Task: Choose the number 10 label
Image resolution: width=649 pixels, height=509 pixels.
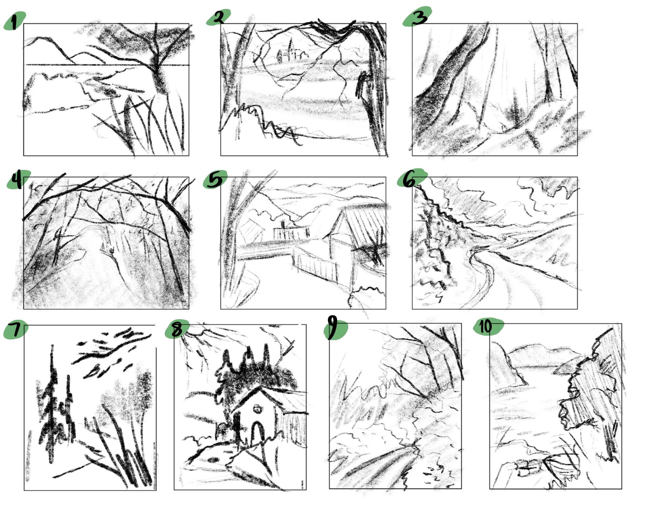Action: tap(485, 327)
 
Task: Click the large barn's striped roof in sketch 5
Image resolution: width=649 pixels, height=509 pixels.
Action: tap(365, 222)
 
